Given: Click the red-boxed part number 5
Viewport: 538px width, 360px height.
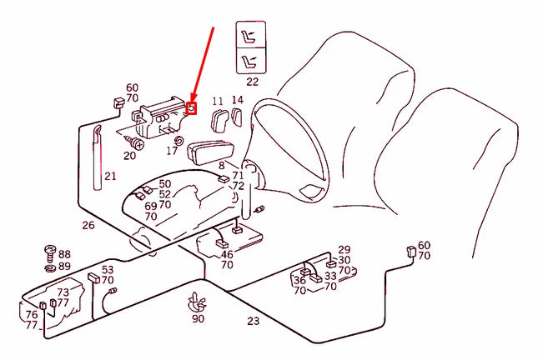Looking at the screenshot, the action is (x=192, y=108).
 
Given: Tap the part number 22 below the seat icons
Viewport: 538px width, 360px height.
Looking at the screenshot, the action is (x=252, y=82).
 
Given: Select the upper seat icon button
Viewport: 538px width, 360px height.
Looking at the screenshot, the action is (x=251, y=35).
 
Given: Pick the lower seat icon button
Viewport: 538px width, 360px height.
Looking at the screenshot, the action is (x=251, y=60).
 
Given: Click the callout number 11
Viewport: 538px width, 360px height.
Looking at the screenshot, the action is (x=218, y=102).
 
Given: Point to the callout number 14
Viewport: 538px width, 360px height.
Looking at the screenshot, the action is (x=238, y=100).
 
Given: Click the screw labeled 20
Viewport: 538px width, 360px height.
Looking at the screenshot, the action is (x=135, y=142).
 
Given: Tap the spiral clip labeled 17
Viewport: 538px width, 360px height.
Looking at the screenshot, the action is (x=178, y=140).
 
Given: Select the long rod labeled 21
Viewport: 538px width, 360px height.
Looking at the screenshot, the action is (x=98, y=157).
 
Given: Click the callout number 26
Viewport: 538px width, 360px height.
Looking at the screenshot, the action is (x=88, y=225).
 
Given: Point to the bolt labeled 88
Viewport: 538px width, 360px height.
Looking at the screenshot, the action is (x=50, y=253).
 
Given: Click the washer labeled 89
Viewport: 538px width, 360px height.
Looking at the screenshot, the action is (x=50, y=267).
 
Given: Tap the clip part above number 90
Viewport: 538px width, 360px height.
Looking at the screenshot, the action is (x=196, y=302).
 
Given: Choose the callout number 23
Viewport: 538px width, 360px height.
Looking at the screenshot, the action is (x=254, y=321).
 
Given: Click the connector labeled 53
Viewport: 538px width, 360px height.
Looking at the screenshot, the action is (x=93, y=277).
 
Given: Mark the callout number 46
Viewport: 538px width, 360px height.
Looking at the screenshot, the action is (x=227, y=254).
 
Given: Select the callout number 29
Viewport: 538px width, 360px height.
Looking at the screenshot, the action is (x=344, y=250).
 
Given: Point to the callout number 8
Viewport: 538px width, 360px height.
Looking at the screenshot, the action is (x=222, y=166).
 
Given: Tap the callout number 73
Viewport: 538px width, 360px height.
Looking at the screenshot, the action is (x=63, y=292).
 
